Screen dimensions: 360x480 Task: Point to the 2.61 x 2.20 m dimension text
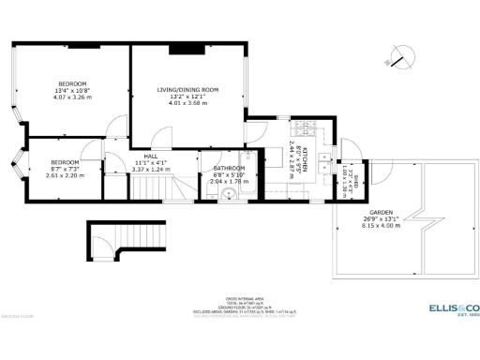64,175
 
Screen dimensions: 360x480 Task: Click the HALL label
149,156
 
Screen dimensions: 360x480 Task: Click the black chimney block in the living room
180,47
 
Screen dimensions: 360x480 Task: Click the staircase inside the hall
152,188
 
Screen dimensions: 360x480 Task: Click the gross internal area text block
239,307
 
